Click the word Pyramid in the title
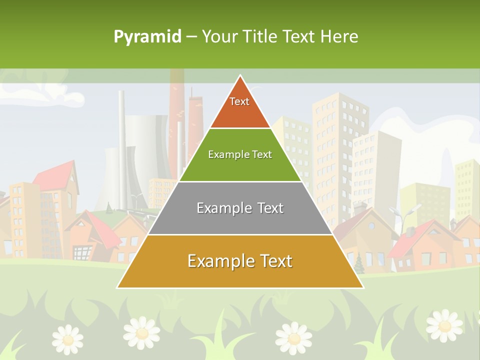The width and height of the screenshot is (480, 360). pos(147,37)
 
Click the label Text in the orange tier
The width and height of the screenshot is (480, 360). pos(239,101)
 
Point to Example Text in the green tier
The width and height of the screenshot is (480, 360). pos(240,154)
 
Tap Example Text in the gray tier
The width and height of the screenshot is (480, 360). pos(240,208)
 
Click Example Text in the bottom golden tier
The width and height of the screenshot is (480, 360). pos(240,261)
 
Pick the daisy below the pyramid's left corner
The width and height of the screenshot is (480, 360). pos(142,332)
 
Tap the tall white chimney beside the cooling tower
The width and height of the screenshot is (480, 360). pos(121,145)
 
